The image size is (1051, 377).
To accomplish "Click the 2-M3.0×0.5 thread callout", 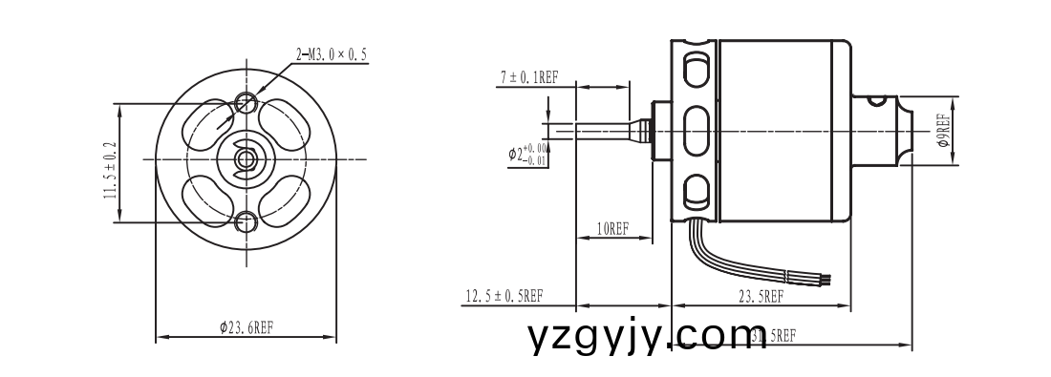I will point(332,54).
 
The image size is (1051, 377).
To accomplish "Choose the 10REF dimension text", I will point(611,229).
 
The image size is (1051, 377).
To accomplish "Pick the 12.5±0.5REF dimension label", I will point(504,296).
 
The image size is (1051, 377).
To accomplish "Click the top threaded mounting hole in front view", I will point(247,100).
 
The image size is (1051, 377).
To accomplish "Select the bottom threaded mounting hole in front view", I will point(247,222).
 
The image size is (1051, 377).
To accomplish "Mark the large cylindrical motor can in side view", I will point(783,131).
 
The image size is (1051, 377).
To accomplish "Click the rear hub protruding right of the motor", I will point(884,128).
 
